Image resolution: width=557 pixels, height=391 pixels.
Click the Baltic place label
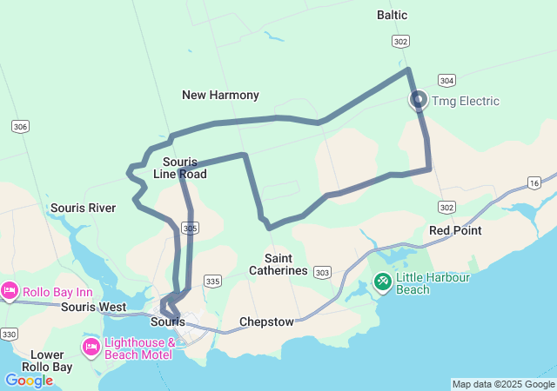coord(393,16)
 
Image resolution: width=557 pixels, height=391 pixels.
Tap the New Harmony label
coord(220,94)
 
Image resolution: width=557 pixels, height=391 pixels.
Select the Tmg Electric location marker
coord(419,100)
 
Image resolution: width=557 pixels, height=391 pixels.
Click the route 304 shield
coord(446,80)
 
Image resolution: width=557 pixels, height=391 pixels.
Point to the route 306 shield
coord(20,127)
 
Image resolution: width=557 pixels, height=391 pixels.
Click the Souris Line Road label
coord(180,168)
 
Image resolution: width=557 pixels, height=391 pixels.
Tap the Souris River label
coord(84,208)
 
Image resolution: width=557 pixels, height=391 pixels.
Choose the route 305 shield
coord(191,228)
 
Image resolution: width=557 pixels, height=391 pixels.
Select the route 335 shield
coord(212,281)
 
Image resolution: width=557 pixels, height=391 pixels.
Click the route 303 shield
coord(322,273)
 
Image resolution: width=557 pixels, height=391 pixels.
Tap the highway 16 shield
coord(534,182)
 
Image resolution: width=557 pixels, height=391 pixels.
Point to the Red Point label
coord(456,230)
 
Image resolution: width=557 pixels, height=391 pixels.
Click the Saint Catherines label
coord(278,264)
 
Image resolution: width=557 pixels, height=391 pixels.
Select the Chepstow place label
coord(266,321)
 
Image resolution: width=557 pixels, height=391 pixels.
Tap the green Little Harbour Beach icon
coord(382,281)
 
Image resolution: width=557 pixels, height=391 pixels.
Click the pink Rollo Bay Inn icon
coord(10,290)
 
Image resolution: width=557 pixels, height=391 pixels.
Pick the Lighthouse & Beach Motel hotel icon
coord(91,348)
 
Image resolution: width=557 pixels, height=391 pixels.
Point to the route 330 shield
coord(10,335)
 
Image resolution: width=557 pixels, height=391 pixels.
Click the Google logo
coord(29,381)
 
